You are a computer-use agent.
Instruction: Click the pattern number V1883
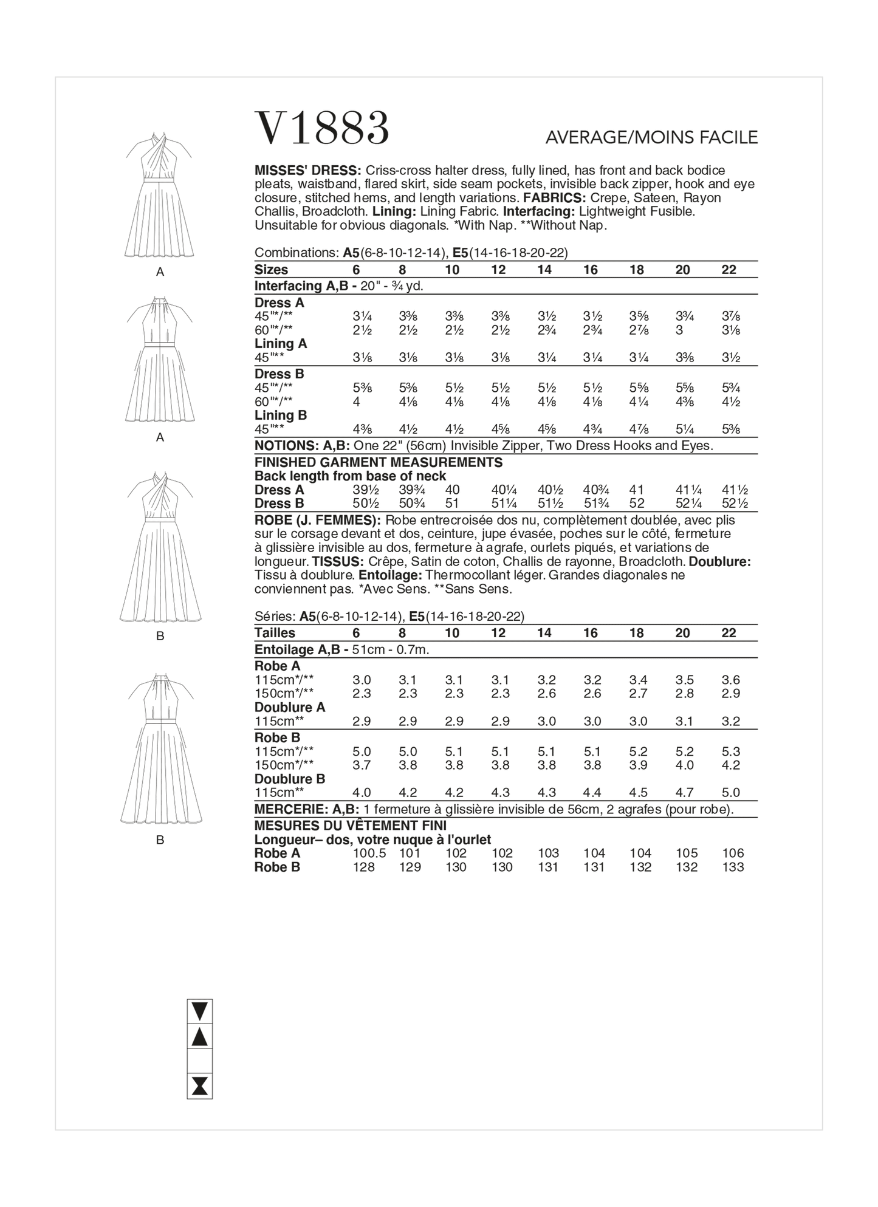coord(322,128)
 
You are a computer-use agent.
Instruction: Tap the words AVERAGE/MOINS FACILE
coord(651,138)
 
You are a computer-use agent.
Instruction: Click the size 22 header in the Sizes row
coord(729,270)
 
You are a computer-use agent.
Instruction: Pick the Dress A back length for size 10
coord(452,490)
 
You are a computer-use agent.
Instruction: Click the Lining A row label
coord(281,344)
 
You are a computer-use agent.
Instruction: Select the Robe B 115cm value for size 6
coord(362,751)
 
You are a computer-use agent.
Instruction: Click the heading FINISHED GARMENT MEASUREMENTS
coord(378,462)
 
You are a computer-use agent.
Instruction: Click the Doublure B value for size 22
coord(731,792)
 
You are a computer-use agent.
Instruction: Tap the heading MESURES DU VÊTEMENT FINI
coord(350,826)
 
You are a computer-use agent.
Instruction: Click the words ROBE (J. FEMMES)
coord(317,521)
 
